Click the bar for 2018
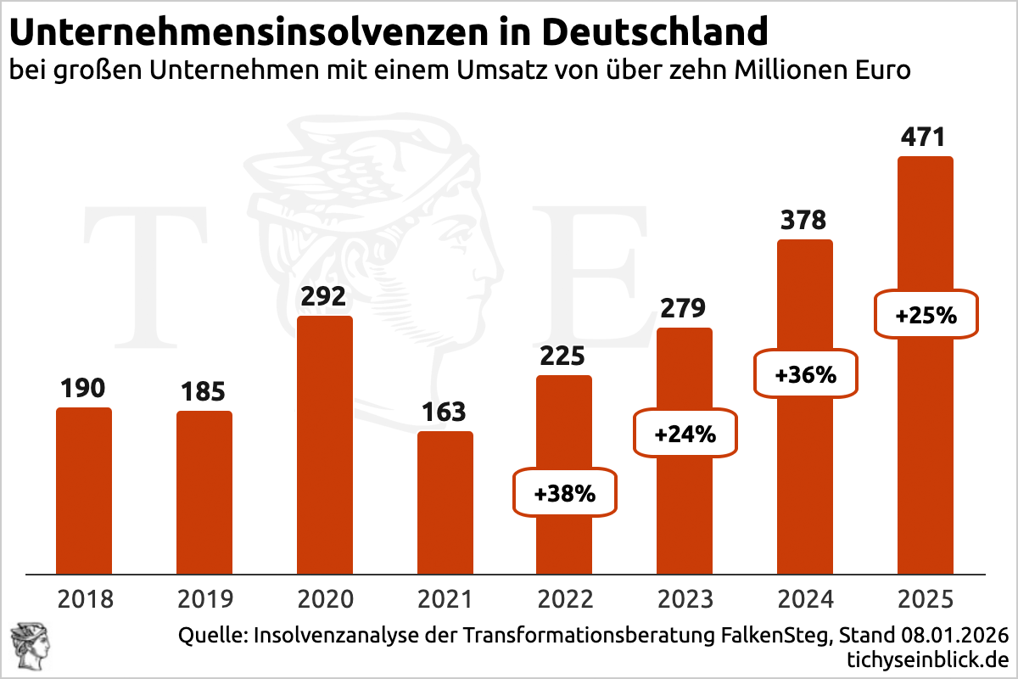[x=84, y=491]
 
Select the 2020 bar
[x=324, y=446]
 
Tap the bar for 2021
[x=445, y=502]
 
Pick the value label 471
[x=925, y=137]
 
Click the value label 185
[x=204, y=392]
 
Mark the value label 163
[x=445, y=412]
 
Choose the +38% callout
[x=565, y=491]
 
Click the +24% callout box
[x=685, y=435]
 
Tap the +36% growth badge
[x=806, y=373]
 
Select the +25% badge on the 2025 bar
[x=926, y=316]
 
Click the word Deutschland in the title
[x=654, y=32]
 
